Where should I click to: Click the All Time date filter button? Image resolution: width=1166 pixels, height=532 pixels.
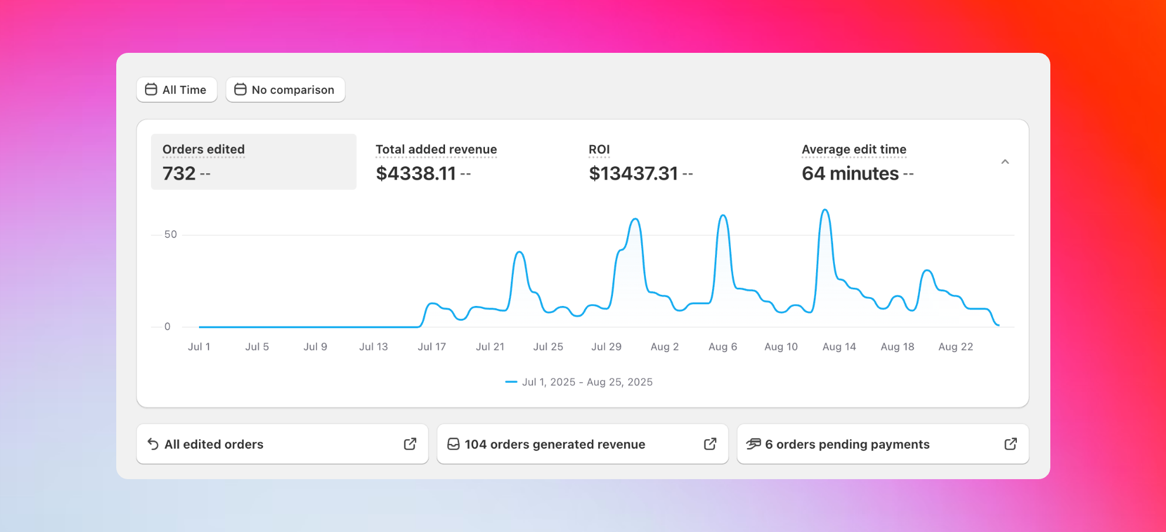[177, 90]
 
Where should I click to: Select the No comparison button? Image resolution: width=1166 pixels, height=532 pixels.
[285, 90]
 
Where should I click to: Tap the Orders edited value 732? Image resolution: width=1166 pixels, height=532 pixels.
[179, 174]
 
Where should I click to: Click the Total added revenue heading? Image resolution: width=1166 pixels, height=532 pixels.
[436, 150]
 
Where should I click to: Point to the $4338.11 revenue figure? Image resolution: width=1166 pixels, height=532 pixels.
[416, 174]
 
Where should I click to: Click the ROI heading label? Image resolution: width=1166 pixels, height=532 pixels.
[599, 150]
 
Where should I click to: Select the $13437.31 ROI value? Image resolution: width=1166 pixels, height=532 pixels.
[633, 174]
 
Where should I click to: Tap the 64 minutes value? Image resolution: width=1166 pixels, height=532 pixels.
[850, 174]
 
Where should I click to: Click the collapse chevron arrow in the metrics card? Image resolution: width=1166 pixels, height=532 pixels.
[1005, 162]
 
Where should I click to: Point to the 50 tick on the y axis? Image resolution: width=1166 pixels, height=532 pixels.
[170, 235]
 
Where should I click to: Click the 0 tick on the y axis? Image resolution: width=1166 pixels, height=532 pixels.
[167, 326]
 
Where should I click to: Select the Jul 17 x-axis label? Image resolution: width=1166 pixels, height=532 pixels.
[432, 347]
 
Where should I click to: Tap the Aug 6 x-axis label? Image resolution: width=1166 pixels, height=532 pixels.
[723, 347]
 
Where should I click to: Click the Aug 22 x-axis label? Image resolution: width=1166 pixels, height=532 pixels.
[955, 347]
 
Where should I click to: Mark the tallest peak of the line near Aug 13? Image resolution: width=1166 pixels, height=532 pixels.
[825, 210]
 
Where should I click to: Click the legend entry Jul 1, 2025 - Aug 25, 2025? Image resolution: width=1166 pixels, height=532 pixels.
[587, 382]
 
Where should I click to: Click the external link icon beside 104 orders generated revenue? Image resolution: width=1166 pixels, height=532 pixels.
[710, 444]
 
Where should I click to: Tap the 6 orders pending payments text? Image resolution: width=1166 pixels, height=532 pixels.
[847, 445]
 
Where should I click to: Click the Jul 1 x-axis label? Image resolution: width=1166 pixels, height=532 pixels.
[199, 347]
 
